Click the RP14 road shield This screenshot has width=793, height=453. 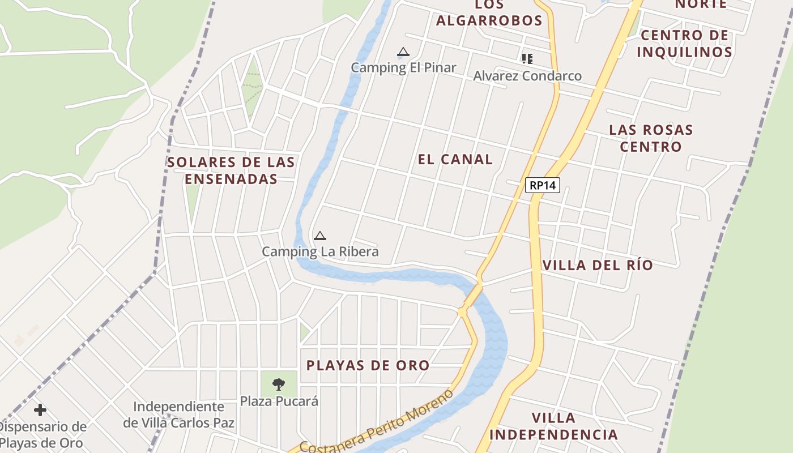[542, 185]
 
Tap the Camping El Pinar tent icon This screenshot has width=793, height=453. [403, 53]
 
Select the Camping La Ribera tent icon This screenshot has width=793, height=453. [320, 236]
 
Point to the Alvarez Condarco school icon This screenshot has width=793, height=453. [527, 58]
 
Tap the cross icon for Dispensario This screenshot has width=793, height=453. [40, 409]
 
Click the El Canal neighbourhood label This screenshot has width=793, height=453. [455, 159]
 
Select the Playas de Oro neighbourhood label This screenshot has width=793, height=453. [368, 366]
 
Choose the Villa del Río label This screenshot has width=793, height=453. [598, 265]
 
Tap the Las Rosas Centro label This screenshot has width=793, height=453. [651, 138]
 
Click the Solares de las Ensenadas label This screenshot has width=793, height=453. [231, 170]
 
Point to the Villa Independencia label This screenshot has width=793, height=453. [553, 426]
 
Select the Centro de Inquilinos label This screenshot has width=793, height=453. [684, 44]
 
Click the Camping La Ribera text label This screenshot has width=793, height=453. [320, 251]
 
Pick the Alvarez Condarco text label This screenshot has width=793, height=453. [527, 76]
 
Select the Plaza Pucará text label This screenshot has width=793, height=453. [279, 401]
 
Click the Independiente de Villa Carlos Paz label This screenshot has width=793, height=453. [179, 414]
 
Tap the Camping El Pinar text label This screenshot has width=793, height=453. [403, 68]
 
